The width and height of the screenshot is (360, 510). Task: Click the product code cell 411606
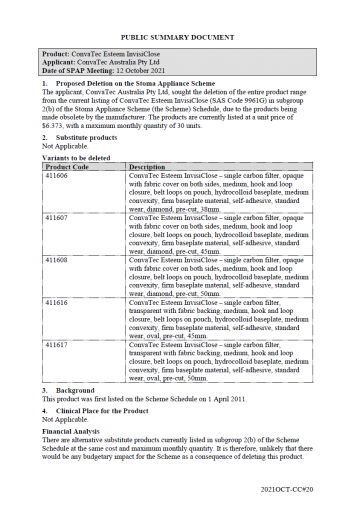(x=56, y=175)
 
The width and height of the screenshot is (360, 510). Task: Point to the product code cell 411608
(x=56, y=258)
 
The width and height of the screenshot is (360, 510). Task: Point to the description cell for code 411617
(x=221, y=361)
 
